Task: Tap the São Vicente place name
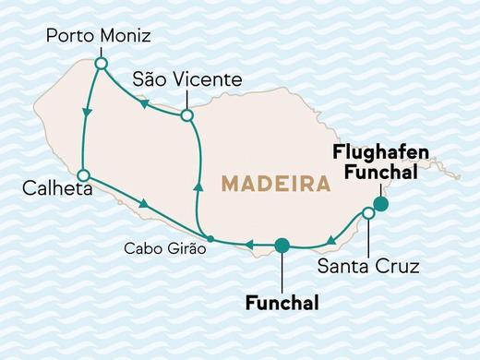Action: (x=186, y=80)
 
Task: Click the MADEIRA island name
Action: (x=276, y=184)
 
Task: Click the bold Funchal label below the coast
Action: (x=282, y=302)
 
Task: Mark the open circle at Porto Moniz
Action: (x=101, y=63)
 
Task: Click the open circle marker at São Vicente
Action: (x=186, y=115)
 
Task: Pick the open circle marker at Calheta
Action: (x=83, y=174)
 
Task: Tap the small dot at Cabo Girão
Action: (x=210, y=239)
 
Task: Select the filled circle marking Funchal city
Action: (x=282, y=245)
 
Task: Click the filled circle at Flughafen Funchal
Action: (x=379, y=204)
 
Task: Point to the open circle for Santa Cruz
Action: (x=368, y=213)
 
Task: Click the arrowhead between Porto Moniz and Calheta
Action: (x=87, y=113)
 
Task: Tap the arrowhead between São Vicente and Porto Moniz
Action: (x=144, y=104)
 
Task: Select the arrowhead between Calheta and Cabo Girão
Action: (x=144, y=203)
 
